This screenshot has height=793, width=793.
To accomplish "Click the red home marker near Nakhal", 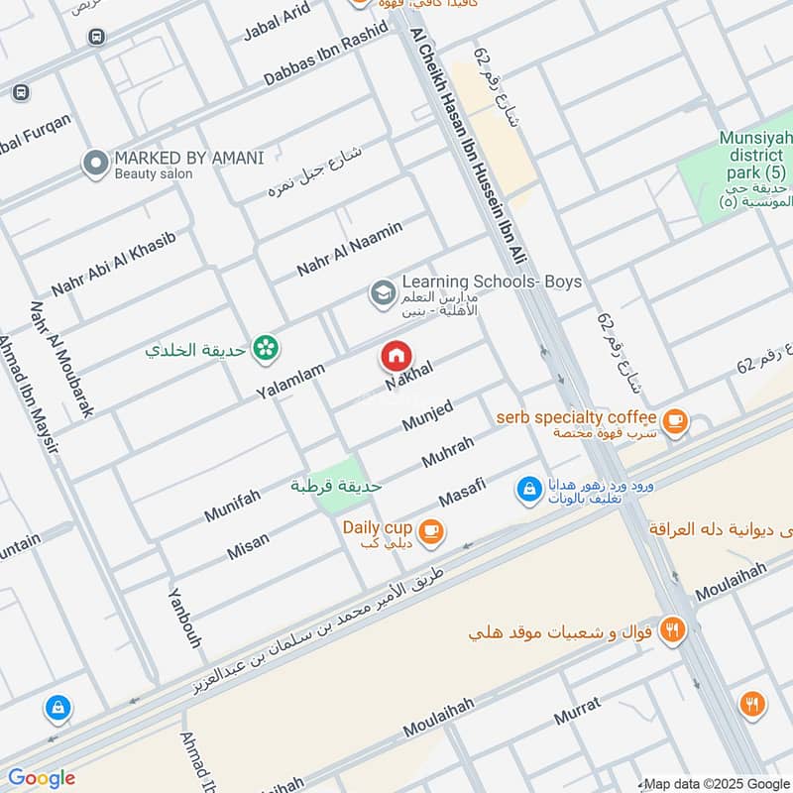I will click(x=396, y=355).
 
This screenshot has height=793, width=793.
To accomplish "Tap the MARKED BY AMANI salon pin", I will click(x=95, y=164).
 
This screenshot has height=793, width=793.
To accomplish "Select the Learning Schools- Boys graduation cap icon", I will click(x=382, y=292).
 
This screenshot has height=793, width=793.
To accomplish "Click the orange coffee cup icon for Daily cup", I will click(x=429, y=531).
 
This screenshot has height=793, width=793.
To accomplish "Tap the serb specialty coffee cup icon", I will click(x=675, y=421).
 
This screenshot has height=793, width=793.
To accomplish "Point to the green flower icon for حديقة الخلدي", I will click(x=265, y=347).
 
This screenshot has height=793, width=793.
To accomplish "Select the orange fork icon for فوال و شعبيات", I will click(x=673, y=630).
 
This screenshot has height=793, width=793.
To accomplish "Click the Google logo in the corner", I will click(x=41, y=777).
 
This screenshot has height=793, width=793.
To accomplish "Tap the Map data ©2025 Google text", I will click(x=716, y=782).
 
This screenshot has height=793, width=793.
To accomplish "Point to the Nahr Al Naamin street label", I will click(x=349, y=250).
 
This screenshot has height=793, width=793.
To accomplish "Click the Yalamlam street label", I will click(x=289, y=379).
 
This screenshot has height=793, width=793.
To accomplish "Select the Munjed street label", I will click(x=427, y=415).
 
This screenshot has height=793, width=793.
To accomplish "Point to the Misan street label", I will click(x=248, y=544).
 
